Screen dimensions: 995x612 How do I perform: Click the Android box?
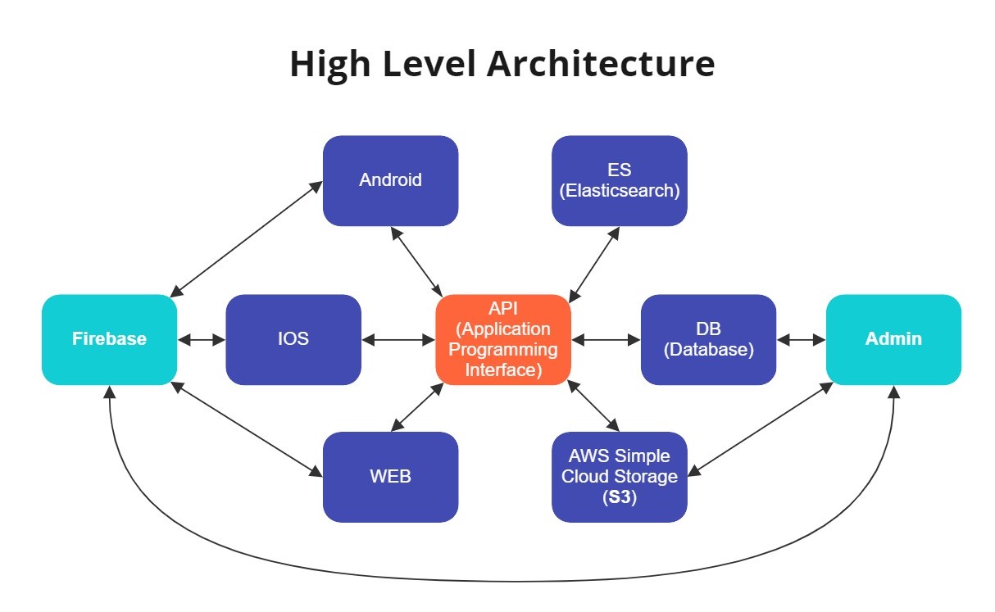pos(390,181)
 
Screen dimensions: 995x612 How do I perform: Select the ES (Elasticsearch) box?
pos(619,181)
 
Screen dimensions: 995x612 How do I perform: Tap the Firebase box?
pos(109,340)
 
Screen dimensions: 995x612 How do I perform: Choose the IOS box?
pos(293,340)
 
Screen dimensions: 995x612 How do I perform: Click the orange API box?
pos(503,340)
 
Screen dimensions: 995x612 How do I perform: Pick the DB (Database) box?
pos(708,340)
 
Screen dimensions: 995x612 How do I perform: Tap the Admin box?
pos(893,340)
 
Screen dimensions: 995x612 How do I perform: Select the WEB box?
pos(390,477)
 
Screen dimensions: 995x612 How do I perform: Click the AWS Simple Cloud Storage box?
pos(619,477)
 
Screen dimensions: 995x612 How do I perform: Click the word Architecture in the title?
pos(601,64)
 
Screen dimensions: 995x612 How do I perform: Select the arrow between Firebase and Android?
pos(246,239)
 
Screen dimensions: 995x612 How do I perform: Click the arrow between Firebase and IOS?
pos(202,340)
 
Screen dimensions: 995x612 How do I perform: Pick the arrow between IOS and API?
pos(398,340)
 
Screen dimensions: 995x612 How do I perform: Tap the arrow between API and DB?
pos(606,340)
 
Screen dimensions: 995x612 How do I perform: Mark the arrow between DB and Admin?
pos(802,340)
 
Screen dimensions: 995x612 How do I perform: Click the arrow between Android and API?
pos(416,262)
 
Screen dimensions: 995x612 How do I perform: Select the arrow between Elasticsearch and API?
pos(594,265)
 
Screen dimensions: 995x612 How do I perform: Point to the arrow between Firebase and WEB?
pos(247,429)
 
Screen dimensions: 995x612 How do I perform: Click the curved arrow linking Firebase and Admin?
pos(502,581)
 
